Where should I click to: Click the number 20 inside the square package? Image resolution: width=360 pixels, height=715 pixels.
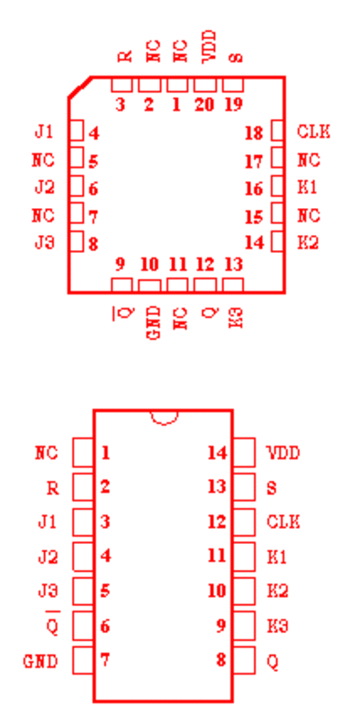tap(203, 104)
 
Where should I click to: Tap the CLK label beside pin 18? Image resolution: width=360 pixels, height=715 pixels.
tap(313, 131)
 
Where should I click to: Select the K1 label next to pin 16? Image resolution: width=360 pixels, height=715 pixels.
tap(308, 187)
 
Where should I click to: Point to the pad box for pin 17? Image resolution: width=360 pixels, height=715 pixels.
tap(277, 158)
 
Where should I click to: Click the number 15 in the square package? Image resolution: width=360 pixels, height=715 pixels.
tap(254, 217)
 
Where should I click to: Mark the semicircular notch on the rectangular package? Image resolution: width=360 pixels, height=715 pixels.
tap(164, 421)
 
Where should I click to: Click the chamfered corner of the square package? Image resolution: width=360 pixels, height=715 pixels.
tap(80, 87)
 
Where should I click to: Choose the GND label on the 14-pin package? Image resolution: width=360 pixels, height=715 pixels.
tap(40, 661)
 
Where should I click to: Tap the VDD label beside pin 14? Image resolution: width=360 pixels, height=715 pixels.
tap(283, 453)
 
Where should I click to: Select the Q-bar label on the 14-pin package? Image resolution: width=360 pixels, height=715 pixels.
tap(52, 624)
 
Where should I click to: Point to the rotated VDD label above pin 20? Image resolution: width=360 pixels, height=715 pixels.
tap(208, 47)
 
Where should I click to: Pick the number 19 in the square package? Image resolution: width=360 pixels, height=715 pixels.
tap(234, 104)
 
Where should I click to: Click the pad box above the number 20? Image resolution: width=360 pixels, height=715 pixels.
tap(204, 85)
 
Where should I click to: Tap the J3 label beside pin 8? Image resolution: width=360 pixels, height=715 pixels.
tap(45, 242)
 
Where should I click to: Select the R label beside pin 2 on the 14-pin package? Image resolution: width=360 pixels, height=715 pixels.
tap(52, 488)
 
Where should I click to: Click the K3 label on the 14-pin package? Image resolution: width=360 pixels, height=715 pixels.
tap(277, 626)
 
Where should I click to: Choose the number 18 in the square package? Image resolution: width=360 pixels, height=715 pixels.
tap(254, 133)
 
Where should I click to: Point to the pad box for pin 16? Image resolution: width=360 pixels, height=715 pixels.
tap(277, 186)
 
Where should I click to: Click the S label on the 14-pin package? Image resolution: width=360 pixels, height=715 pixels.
tap(272, 488)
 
